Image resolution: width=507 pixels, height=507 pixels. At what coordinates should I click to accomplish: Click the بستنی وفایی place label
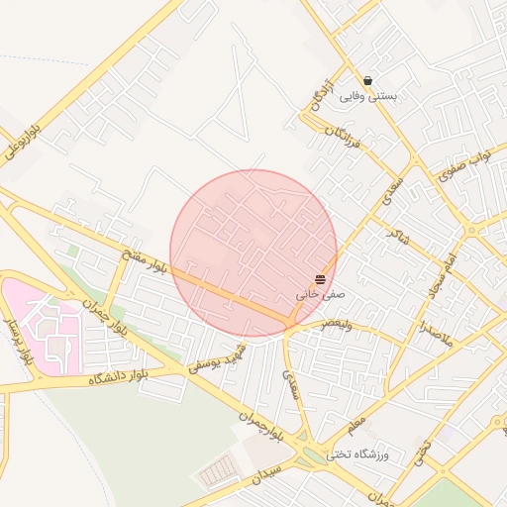368,97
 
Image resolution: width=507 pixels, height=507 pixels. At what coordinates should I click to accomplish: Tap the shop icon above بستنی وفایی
368,81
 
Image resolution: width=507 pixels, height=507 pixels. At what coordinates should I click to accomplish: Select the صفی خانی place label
316,295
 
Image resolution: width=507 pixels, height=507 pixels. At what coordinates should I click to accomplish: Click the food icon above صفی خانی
320,280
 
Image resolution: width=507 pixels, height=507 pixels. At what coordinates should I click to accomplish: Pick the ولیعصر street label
331,325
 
